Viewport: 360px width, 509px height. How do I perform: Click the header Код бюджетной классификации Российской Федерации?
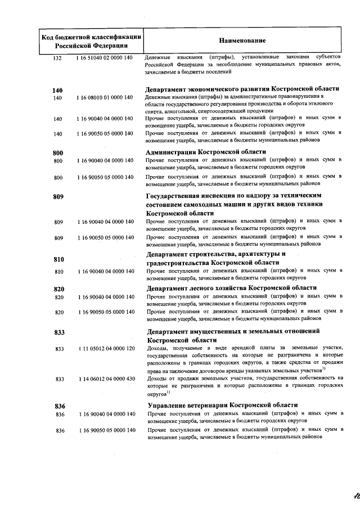click(x=91, y=41)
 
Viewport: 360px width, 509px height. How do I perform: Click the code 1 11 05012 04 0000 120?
click(x=106, y=349)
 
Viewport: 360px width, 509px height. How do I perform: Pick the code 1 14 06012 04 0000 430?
click(x=106, y=379)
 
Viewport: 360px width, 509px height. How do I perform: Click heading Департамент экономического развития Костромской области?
click(x=242, y=89)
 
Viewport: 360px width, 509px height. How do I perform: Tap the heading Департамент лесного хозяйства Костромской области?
click(x=231, y=287)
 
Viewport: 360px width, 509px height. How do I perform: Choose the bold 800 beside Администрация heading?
click(x=57, y=152)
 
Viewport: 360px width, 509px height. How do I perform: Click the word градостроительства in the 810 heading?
click(x=181, y=263)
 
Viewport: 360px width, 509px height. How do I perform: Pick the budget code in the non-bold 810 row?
click(x=106, y=272)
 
